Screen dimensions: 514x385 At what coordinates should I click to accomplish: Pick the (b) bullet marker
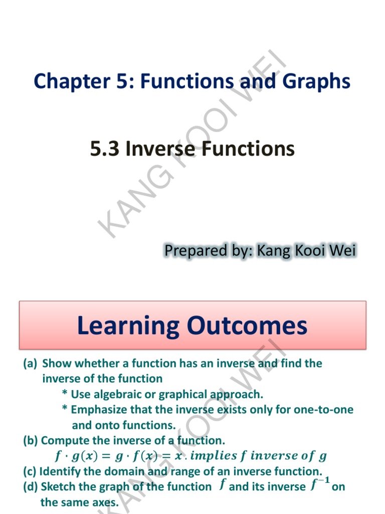pos(31,441)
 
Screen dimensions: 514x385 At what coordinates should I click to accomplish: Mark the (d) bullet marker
pos(31,486)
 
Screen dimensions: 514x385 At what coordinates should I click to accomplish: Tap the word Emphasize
pos(98,410)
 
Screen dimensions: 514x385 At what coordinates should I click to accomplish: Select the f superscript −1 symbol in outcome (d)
pos(321,485)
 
